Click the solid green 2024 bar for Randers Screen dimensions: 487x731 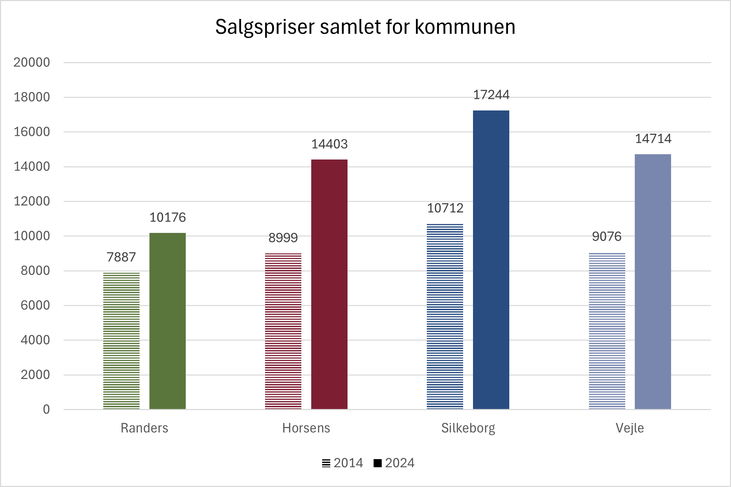click(167, 321)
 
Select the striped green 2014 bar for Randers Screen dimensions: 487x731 click(121, 341)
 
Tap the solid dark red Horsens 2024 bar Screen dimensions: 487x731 click(329, 284)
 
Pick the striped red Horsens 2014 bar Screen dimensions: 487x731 click(283, 331)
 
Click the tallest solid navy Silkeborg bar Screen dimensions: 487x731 click(491, 260)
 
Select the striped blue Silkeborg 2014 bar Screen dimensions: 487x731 click(445, 317)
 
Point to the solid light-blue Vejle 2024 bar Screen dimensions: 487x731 click(653, 282)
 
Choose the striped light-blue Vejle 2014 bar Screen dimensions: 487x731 click(607, 331)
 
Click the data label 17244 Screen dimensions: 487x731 click(491, 95)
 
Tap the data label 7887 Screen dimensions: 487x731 click(121, 257)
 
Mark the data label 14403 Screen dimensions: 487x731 click(329, 144)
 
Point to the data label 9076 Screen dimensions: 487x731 click(607, 236)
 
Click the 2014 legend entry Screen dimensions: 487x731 click(343, 463)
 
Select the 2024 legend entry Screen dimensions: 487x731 click(394, 463)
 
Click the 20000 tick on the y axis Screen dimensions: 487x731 click(32, 62)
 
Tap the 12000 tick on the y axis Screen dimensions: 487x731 click(32, 201)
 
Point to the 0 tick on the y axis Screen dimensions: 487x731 click(46, 409)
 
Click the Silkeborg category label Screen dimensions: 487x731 click(468, 428)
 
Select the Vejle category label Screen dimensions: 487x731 click(629, 428)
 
